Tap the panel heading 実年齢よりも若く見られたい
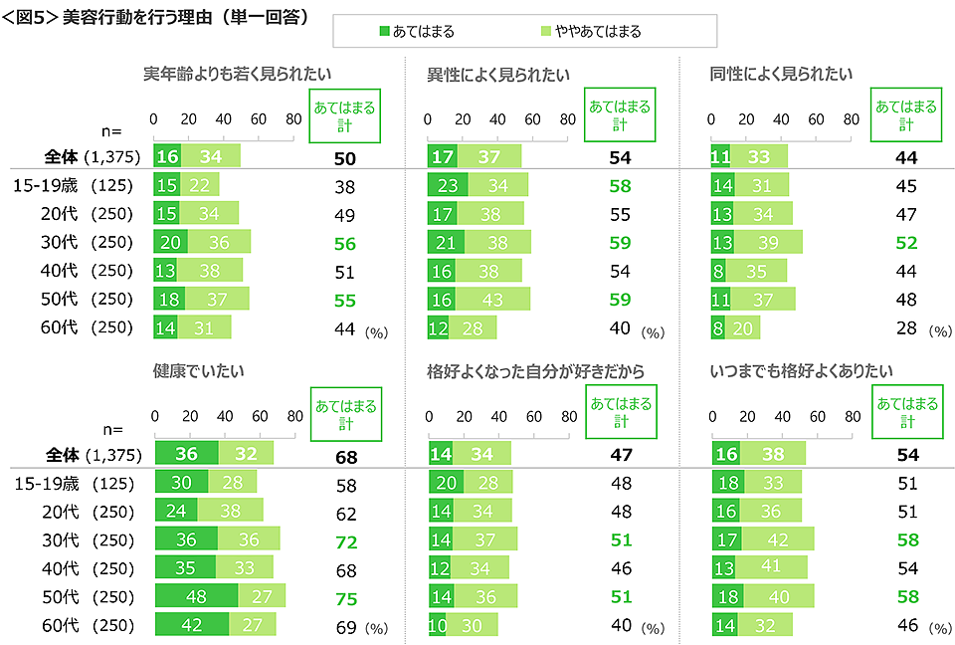pos(237,73)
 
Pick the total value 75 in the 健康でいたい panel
pos(344,597)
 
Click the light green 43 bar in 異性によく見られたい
pos(492,300)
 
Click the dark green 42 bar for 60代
pos(191,625)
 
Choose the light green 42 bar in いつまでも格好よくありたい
pos(778,539)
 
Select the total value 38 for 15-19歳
pos(344,185)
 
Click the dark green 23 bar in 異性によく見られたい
pos(448,185)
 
